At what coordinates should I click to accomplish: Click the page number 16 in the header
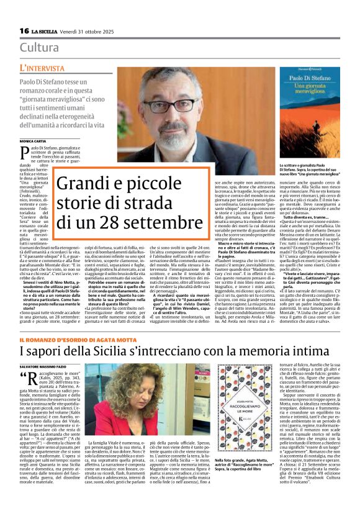(x=24, y=31)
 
